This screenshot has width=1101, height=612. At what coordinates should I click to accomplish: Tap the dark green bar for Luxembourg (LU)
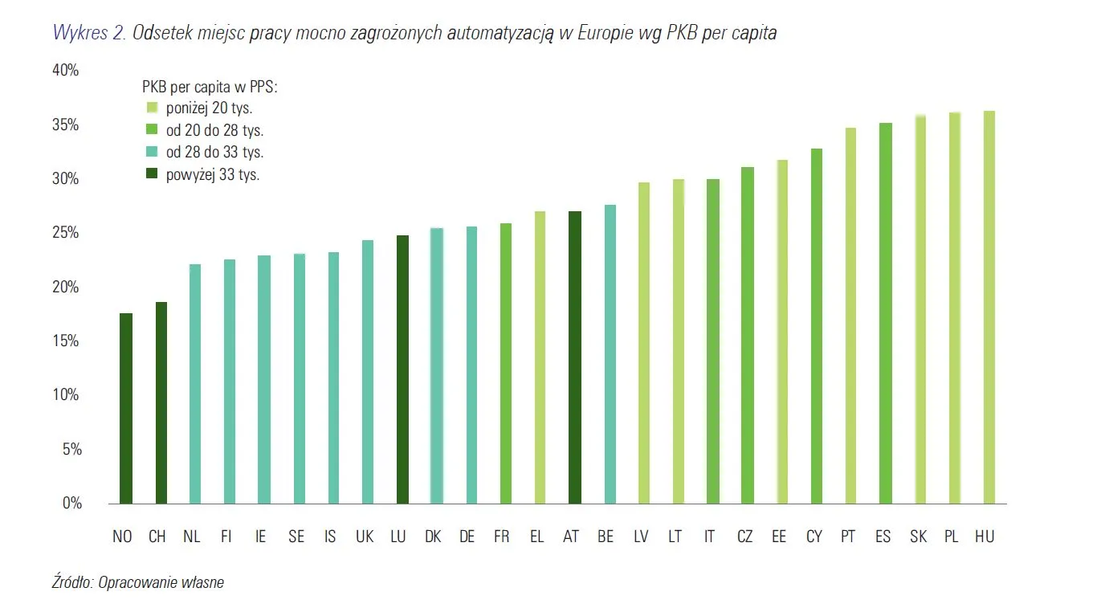tap(402, 369)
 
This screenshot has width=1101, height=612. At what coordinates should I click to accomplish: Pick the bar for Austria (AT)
tap(575, 357)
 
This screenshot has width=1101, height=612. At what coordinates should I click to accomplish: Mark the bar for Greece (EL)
tap(540, 357)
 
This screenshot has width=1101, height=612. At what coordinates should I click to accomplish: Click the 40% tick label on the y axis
tap(65, 71)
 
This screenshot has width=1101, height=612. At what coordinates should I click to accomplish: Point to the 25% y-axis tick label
tap(65, 234)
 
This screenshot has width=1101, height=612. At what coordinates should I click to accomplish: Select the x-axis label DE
tap(467, 537)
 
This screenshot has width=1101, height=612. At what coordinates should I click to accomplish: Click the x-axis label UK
tap(365, 537)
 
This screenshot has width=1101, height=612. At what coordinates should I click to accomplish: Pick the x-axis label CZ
tap(744, 537)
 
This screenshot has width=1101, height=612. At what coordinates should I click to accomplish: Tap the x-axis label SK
tap(918, 537)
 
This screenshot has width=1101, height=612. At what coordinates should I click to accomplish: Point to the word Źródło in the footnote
tap(71, 583)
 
